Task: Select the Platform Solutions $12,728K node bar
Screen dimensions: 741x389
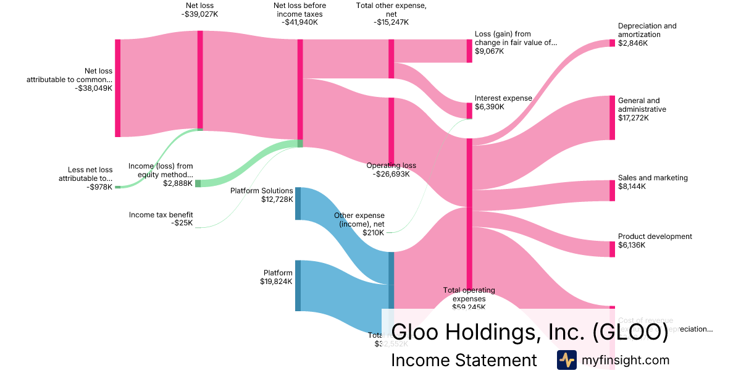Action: [x=298, y=203]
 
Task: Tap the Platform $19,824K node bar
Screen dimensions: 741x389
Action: [x=298, y=285]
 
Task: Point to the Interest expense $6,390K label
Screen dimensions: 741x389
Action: [x=503, y=102]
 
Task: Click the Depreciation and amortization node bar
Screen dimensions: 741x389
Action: [x=612, y=43]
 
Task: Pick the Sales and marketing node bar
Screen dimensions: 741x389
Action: [x=612, y=190]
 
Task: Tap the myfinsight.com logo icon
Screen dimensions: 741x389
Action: [x=566, y=360]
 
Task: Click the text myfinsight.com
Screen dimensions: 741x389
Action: [x=626, y=360]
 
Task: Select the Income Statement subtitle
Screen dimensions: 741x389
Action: [x=464, y=360]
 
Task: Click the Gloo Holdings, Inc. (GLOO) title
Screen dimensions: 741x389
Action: [x=530, y=332]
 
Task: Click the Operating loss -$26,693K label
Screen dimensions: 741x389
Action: [x=391, y=170]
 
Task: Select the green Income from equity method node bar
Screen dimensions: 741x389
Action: [x=198, y=183]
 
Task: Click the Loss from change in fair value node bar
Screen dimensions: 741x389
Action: [x=469, y=51]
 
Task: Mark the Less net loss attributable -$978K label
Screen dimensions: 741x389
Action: [x=90, y=178]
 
